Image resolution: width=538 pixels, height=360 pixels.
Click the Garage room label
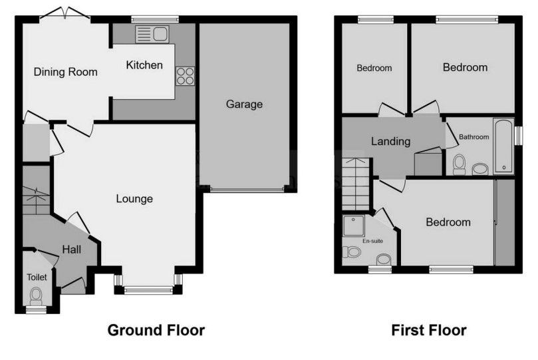244,104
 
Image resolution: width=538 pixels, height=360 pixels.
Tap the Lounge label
134,198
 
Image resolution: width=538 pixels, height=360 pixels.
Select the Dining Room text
66,72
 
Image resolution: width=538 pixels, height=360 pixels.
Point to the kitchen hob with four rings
185,76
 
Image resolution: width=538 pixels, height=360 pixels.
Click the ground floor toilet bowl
36,293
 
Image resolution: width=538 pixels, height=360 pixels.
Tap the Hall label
71,249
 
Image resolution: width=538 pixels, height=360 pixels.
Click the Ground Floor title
156,330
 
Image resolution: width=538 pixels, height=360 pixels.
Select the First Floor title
428,330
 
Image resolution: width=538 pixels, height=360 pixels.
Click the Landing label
390,141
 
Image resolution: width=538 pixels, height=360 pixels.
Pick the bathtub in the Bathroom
503,146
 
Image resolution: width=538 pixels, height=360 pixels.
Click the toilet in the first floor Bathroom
459,164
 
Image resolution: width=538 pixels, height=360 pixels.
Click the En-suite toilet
352,252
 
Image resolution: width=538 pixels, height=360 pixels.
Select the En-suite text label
372,241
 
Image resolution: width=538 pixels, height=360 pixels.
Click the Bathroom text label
475,137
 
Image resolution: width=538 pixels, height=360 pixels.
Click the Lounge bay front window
148,289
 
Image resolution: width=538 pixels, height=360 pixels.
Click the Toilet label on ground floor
35,276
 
